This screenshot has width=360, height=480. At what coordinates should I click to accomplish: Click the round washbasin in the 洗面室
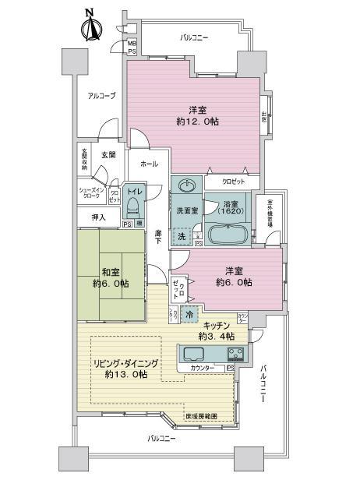point(187,186)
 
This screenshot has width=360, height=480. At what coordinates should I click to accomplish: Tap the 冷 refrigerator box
point(189,313)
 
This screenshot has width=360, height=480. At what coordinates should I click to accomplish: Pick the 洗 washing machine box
point(181,236)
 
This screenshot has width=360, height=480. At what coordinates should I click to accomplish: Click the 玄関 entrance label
point(108,155)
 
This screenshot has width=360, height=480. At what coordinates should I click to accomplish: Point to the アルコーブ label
point(101,96)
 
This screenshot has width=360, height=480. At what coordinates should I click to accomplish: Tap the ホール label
point(149,164)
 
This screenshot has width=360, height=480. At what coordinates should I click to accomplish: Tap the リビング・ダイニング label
point(128,364)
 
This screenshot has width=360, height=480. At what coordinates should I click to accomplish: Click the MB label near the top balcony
point(132,44)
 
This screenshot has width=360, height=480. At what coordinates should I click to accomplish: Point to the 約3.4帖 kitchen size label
point(213,336)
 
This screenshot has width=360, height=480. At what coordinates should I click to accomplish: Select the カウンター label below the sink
point(204,367)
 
